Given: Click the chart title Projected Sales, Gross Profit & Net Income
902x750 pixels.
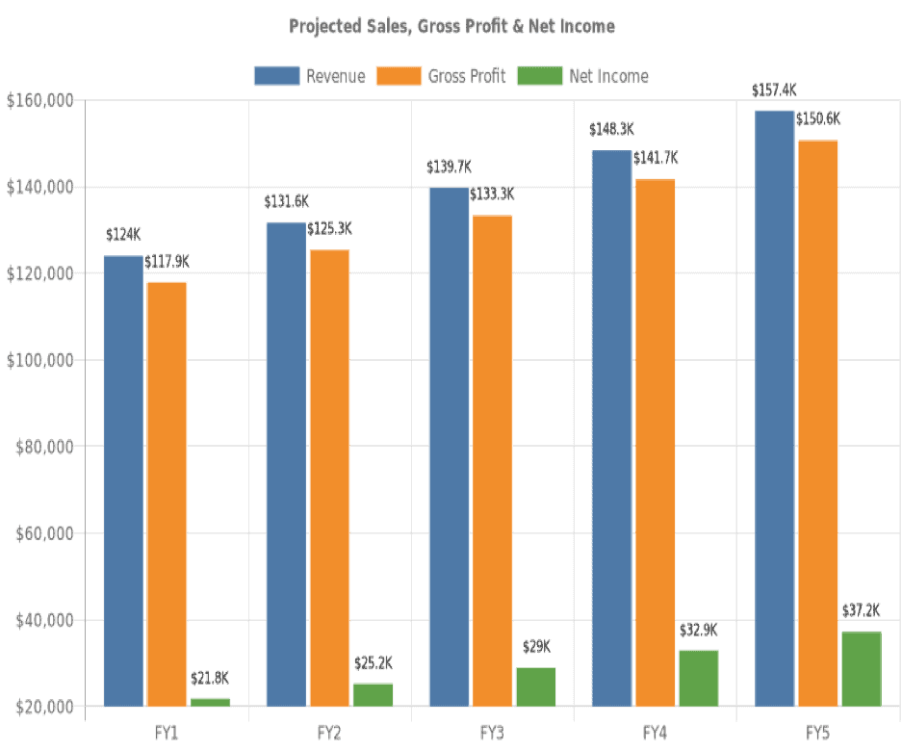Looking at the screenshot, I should point(451,26).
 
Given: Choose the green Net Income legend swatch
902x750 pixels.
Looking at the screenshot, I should point(540,76).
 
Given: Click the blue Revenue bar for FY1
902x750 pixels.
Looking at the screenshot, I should point(123,481).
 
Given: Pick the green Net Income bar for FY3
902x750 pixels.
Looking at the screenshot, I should point(535,687).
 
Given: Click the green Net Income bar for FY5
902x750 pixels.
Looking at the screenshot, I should point(861,669).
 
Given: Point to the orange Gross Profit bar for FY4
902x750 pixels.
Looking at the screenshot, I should point(655,443).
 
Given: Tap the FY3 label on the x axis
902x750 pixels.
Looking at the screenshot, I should point(492,733).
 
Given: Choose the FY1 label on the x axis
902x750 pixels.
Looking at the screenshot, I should point(167,733).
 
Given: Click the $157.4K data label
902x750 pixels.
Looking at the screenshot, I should point(774,91).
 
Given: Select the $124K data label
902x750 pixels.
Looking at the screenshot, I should point(123,235).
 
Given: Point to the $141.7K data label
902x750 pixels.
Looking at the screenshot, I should point(656,158).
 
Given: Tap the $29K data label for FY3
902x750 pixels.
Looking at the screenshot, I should point(535,647).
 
